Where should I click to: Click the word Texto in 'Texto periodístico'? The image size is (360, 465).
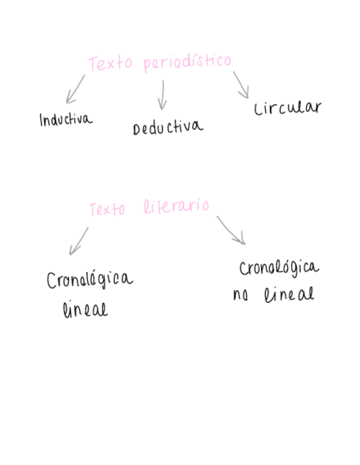point(110,64)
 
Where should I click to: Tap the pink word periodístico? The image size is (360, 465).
point(187,62)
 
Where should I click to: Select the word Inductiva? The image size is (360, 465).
point(66,119)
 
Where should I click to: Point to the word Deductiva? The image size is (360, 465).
point(167,128)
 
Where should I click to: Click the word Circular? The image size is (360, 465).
point(287,107)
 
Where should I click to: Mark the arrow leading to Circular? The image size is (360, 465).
point(241,84)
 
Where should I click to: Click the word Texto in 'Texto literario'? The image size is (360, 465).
point(107,209)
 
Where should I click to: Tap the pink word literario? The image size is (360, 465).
point(176,207)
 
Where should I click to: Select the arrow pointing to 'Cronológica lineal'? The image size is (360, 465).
point(78,241)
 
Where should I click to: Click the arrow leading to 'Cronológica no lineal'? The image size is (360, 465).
point(231,230)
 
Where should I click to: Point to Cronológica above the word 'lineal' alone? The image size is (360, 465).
point(89,280)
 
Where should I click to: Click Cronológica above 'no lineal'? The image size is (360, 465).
point(279,268)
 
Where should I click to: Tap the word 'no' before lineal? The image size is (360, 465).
point(240,296)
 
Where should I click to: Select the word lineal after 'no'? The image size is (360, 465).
point(289,294)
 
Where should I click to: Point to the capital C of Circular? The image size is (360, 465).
point(258,110)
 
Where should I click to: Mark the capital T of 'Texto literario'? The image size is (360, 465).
point(93,209)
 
